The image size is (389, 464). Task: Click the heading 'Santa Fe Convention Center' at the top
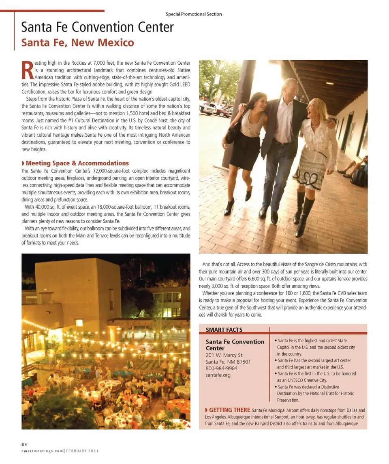click(x=97, y=27)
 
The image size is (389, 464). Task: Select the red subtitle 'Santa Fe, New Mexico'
click(x=77, y=42)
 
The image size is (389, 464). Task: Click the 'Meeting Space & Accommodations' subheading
click(x=77, y=163)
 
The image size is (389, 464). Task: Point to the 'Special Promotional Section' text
click(x=194, y=14)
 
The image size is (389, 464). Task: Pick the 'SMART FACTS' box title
click(x=224, y=330)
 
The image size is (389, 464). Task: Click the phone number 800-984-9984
click(x=222, y=368)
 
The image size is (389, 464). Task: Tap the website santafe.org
click(x=218, y=375)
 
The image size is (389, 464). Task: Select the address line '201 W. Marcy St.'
click(x=224, y=355)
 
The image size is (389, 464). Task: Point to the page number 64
click(x=24, y=444)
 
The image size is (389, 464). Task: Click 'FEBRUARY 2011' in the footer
click(x=83, y=451)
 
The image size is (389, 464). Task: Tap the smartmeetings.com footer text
click(x=42, y=451)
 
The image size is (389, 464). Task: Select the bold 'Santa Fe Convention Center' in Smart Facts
click(x=235, y=345)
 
